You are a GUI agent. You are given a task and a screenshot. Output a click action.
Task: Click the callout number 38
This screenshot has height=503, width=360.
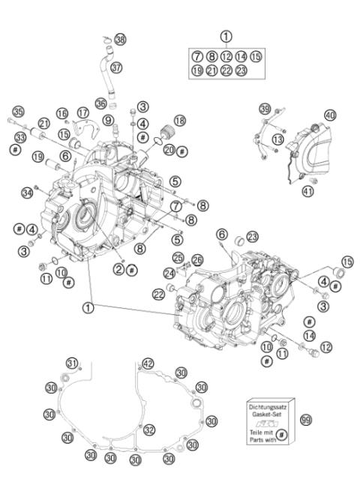click(121, 38)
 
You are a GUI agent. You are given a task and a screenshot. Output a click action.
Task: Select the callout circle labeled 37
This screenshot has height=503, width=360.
click(115, 67)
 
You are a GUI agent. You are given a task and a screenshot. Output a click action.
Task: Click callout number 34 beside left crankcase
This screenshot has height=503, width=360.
click(28, 194)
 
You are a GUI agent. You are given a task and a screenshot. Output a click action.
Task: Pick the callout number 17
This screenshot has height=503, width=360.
click(83, 112)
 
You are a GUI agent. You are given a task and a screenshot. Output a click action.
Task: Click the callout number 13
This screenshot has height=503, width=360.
click(277, 140)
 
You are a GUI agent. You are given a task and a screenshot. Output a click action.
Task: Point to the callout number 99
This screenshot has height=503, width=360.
click(305, 421)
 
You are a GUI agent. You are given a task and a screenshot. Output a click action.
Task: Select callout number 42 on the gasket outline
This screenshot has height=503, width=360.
click(148, 364)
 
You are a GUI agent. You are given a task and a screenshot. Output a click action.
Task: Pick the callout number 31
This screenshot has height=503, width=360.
click(71, 364)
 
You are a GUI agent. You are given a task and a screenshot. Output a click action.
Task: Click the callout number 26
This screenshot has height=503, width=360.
click(198, 260)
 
